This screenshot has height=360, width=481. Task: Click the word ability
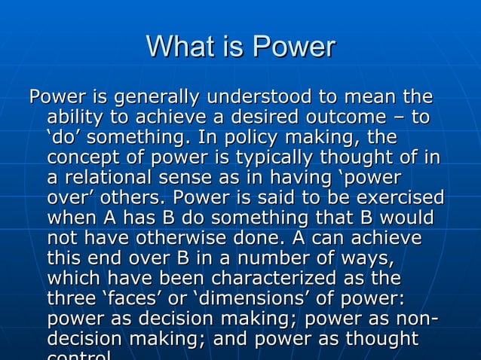[76, 118]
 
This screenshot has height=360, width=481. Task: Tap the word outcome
[351, 118]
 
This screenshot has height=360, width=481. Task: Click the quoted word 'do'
[66, 139]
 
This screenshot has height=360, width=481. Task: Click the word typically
[276, 159]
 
